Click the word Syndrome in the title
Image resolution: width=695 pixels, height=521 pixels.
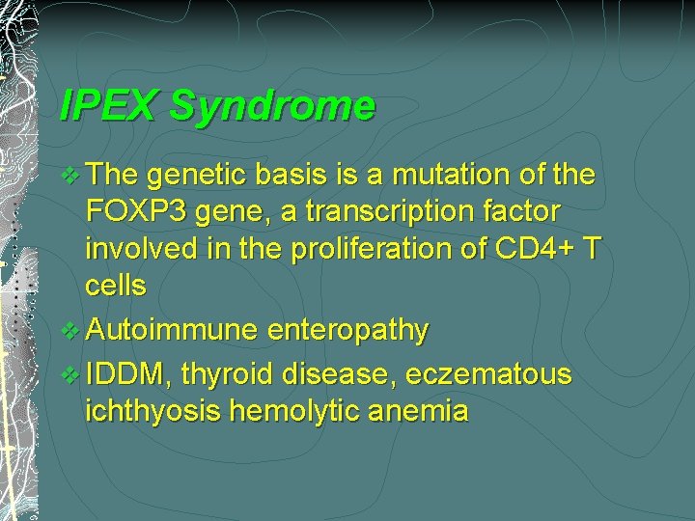click(x=272, y=105)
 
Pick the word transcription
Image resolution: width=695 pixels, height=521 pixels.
click(x=402, y=211)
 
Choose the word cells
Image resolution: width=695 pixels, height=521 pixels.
click(x=116, y=287)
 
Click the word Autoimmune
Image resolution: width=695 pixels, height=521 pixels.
click(x=172, y=331)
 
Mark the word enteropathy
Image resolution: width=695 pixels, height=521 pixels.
click(x=348, y=331)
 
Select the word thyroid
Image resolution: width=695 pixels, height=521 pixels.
click(x=228, y=373)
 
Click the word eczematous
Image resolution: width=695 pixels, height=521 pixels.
click(x=488, y=373)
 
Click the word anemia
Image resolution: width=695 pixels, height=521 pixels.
click(x=421, y=412)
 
